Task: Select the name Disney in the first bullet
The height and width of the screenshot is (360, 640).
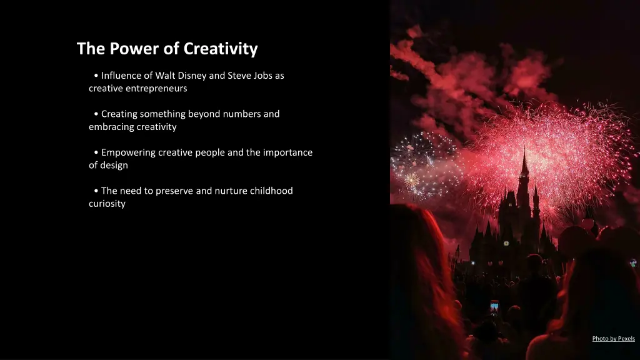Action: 190,76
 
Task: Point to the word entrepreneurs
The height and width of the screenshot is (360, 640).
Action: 157,89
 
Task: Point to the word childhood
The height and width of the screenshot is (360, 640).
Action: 271,191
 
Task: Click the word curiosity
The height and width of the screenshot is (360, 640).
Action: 107,204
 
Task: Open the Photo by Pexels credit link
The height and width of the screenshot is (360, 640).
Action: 613,339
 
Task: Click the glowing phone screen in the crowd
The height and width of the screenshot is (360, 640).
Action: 494,307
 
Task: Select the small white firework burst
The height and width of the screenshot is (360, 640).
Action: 411,181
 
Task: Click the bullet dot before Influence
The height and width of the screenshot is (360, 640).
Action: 96,76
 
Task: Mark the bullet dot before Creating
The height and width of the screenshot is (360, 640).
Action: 96,114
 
